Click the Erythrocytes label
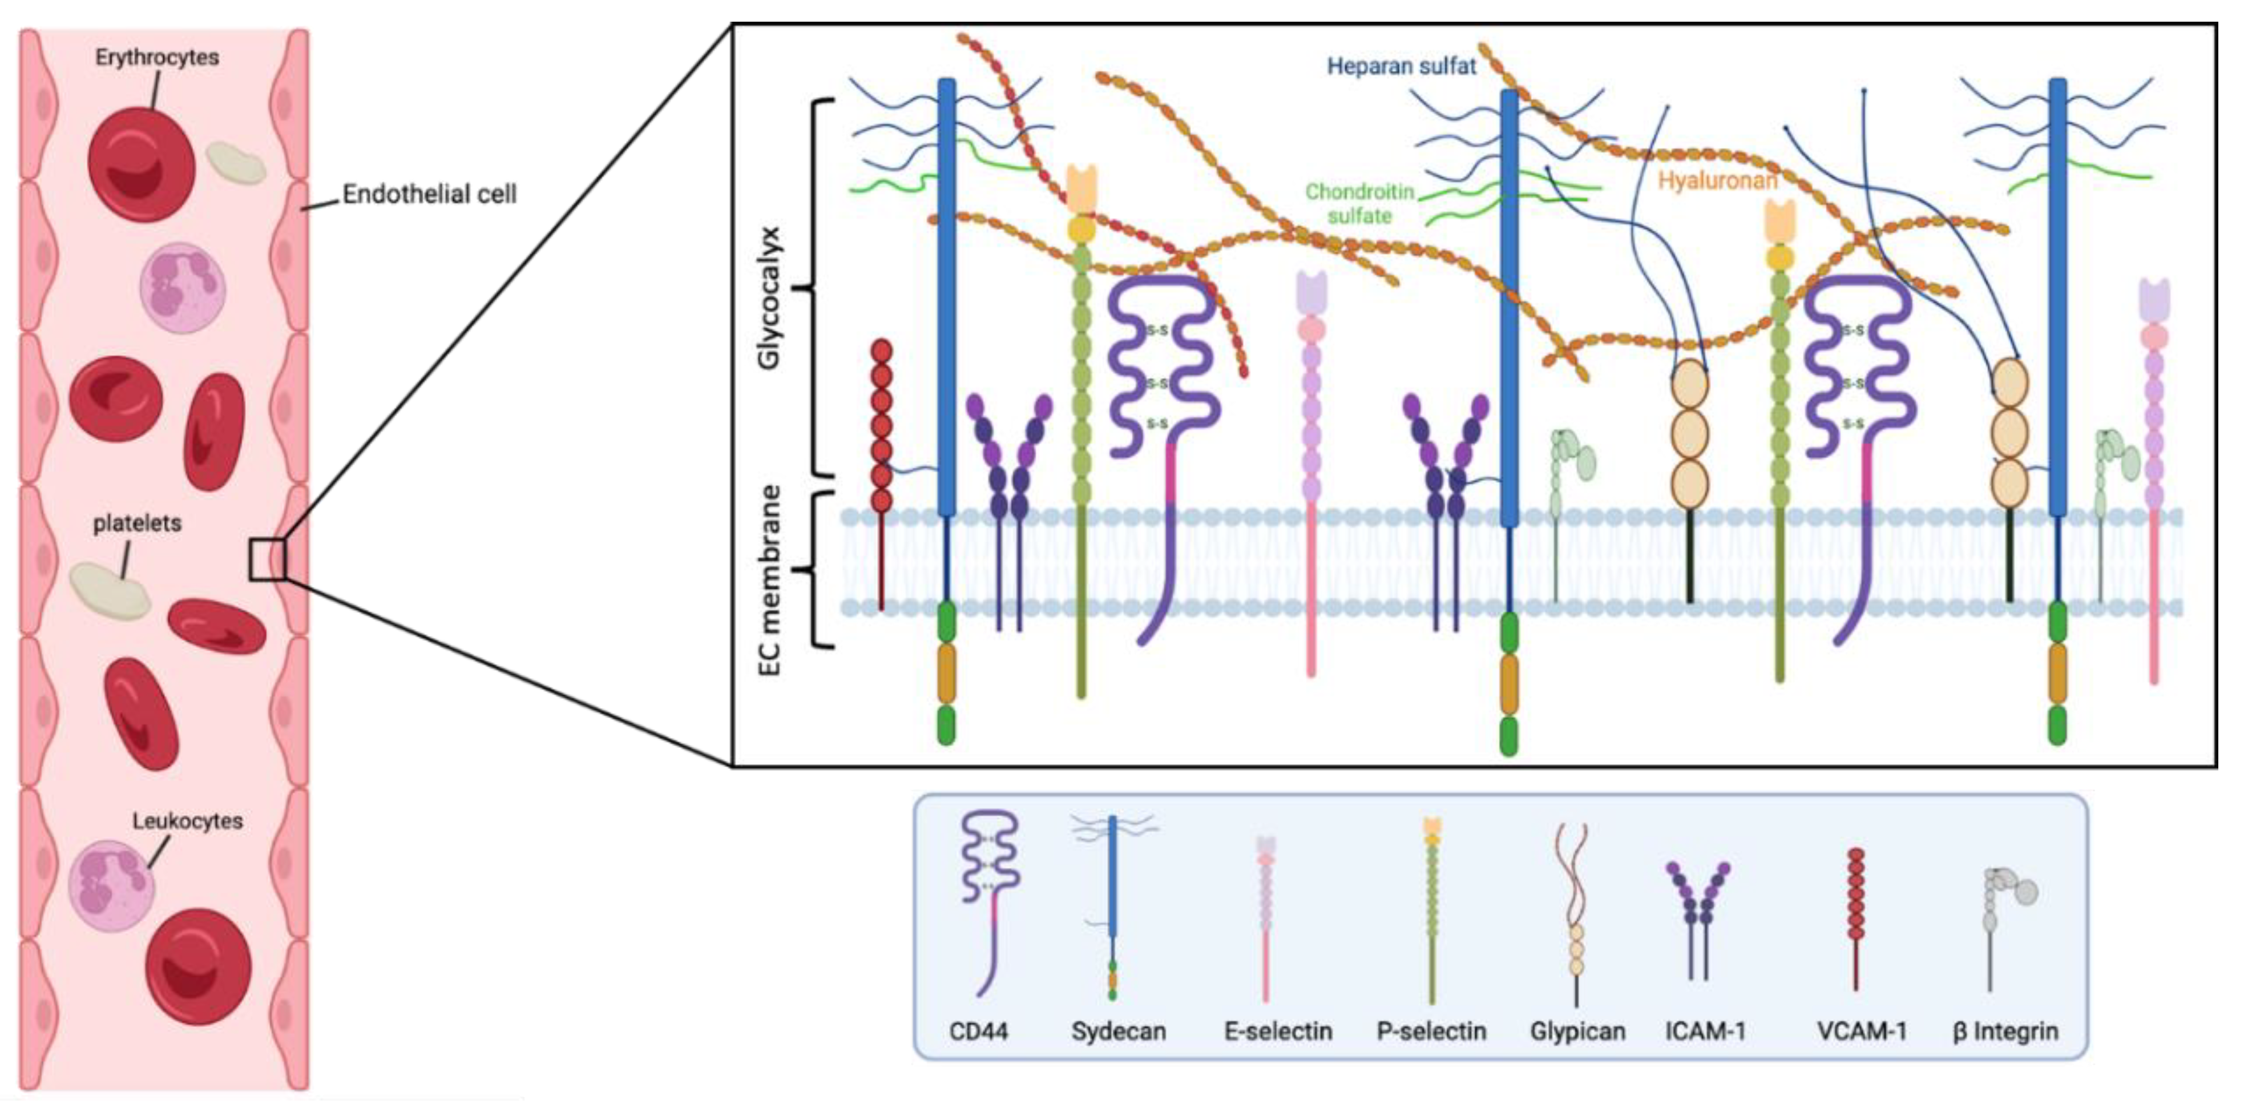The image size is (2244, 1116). (x=157, y=58)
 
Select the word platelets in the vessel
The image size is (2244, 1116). (x=137, y=523)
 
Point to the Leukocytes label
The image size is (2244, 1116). (x=187, y=821)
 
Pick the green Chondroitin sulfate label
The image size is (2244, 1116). (x=1359, y=203)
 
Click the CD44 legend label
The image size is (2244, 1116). (x=978, y=1032)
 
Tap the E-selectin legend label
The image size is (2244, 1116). (x=1278, y=1032)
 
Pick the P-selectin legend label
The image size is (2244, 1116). (x=1431, y=1032)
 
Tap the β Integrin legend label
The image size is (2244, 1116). (x=2005, y=1032)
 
